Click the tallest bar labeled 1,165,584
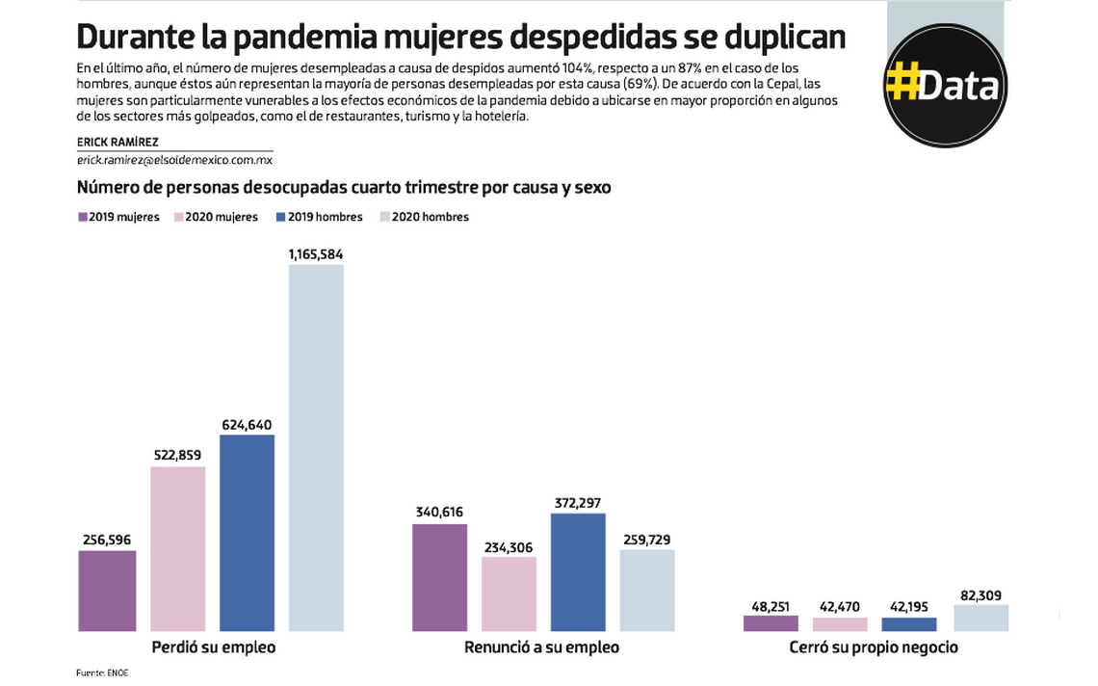pos(316,448)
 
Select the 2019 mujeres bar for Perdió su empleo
pos(107,591)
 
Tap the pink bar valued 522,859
pos(177,549)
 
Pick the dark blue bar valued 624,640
pos(247,533)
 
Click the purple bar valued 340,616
pos(439,577)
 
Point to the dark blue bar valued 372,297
pos(578,572)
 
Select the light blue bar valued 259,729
pos(647,591)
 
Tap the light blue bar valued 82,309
pos(980,618)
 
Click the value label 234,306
pos(509,547)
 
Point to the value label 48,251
pos(771,606)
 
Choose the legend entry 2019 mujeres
pos(118,218)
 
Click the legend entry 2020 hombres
pos(425,218)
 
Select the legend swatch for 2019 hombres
pos(281,218)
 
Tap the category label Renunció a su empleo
pos(541,647)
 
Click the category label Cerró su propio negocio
pos(874,647)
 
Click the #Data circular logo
pos(945,85)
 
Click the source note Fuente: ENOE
pos(102,673)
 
